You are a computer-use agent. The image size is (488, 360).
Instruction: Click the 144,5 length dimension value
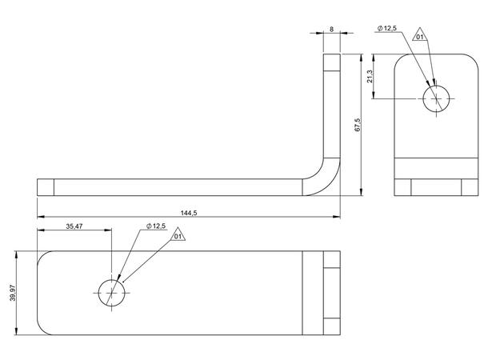point(189,213)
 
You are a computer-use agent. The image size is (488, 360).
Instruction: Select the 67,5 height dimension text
point(358,125)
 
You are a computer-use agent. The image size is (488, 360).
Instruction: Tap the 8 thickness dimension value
point(331,30)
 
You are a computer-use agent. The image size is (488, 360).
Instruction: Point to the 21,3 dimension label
point(370,77)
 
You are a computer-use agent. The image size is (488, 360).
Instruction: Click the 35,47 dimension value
point(74,226)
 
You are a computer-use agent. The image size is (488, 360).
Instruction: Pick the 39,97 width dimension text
point(13,293)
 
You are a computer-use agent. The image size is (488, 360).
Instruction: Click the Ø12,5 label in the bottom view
point(156,226)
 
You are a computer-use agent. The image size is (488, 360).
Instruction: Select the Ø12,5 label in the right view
point(387,28)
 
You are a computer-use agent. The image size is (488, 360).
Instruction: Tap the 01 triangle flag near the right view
point(420,35)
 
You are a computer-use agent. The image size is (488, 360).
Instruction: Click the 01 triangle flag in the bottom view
point(178,235)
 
